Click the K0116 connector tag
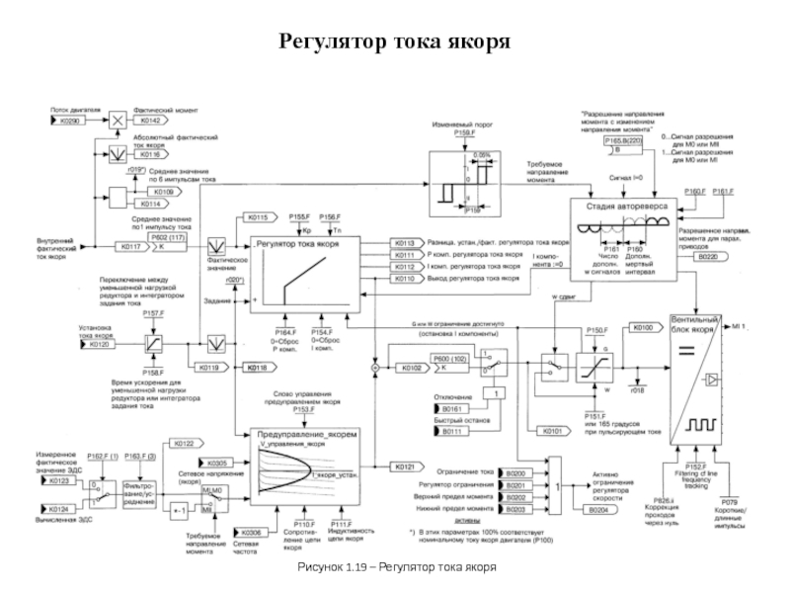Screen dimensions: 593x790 [151, 155]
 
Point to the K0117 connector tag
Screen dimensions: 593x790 [130, 246]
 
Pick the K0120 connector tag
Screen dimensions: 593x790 [96, 346]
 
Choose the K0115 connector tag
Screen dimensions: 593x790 [258, 216]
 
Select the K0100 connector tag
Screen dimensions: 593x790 [643, 326]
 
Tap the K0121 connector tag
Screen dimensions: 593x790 [405, 465]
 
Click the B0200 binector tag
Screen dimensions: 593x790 [517, 474]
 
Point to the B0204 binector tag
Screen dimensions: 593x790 [599, 510]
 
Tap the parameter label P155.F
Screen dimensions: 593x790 [300, 216]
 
